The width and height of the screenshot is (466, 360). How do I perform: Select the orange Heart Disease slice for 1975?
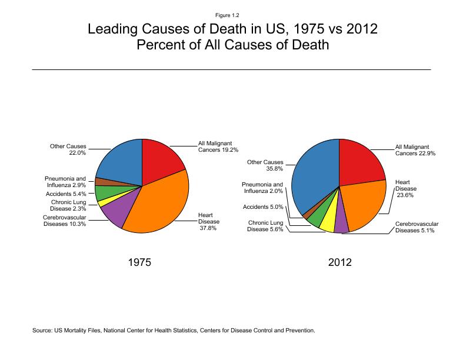[159, 206]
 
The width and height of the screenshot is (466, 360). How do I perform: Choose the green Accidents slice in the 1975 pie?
[104, 192]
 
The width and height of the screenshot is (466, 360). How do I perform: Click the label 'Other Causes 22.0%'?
[68, 149]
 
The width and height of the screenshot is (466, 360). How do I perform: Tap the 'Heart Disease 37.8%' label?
[209, 221]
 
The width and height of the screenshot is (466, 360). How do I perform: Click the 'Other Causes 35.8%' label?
[265, 165]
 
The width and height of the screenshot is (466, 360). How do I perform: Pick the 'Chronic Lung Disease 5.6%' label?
[265, 226]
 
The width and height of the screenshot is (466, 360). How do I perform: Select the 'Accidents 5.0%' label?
[263, 207]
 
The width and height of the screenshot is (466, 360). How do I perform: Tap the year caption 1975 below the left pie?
[139, 262]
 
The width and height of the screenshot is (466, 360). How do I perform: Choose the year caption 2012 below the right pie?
[339, 262]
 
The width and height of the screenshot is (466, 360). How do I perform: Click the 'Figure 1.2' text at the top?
[233, 15]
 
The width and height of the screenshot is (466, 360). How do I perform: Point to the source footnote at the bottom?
[174, 330]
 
